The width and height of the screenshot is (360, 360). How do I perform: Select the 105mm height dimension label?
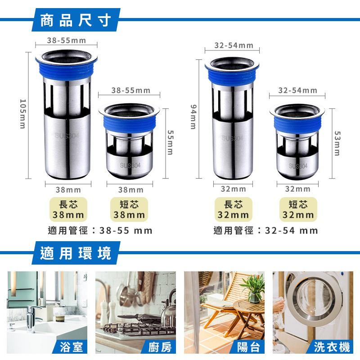(23, 114)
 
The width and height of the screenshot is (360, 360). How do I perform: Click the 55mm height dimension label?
(170, 142)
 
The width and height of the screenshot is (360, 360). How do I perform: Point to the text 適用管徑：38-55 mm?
(100, 231)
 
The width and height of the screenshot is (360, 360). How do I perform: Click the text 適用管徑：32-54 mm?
(266, 231)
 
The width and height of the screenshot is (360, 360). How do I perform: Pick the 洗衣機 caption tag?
(332, 347)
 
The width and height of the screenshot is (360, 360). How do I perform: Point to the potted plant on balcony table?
(255, 288)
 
